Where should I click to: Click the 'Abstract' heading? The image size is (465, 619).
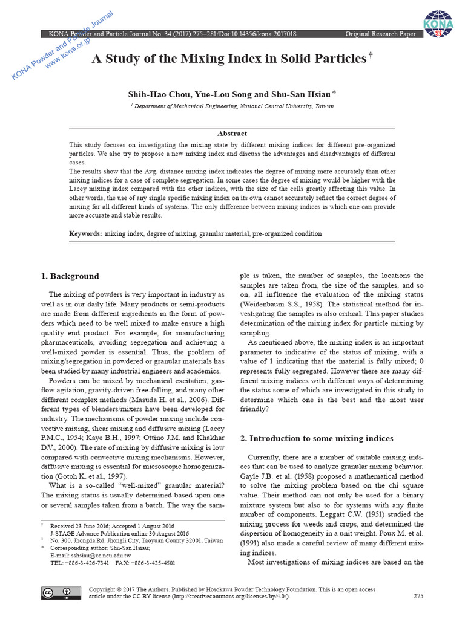click(x=232, y=134)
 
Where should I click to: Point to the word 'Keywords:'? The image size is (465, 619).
click(x=85, y=233)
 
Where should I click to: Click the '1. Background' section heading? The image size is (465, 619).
click(x=70, y=276)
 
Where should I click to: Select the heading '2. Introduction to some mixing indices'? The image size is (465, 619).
click(x=317, y=438)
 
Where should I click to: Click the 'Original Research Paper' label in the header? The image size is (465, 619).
click(x=380, y=34)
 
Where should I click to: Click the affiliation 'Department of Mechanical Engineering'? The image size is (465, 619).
click(x=186, y=106)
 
